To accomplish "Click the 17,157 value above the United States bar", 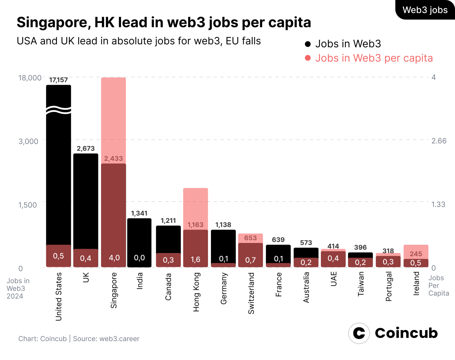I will coord(58,80).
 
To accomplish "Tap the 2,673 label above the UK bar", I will coord(86,148).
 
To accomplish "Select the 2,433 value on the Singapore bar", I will coord(113,159).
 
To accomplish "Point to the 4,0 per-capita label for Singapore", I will coord(114,258).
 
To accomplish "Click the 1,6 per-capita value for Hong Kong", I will coord(196,260).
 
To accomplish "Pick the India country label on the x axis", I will coord(140,281).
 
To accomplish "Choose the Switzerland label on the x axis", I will coord(251,293).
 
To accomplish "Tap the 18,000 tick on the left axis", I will coord(30,78).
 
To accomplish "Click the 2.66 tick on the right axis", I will coord(439,141).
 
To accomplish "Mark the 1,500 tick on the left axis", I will coord(28,205).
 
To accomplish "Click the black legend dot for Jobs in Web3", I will coord(308,44).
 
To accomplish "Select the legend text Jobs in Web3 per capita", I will coord(374,58).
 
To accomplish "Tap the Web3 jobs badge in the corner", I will coord(425,10).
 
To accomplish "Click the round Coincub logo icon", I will coord(359,333).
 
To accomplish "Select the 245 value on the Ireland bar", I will coord(416,254).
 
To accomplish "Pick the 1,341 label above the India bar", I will coord(139,213).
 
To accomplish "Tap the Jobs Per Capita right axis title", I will coord(438,286).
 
